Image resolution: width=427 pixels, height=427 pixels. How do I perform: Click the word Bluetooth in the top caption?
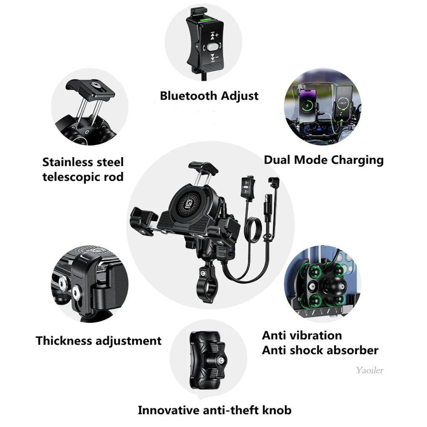pyautogui.click(x=188, y=96)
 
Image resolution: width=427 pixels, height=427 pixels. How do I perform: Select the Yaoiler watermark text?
pyautogui.click(x=370, y=370)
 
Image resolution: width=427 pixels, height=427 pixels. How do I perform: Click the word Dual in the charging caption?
pyautogui.click(x=277, y=160)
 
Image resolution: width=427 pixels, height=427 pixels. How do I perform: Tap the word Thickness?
pyautogui.click(x=64, y=341)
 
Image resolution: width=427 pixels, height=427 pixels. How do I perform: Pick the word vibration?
pyautogui.click(x=319, y=335)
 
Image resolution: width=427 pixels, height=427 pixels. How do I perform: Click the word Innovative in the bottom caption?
pyautogui.click(x=167, y=410)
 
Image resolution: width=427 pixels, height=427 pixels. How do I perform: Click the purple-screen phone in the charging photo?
pyautogui.click(x=308, y=104)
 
